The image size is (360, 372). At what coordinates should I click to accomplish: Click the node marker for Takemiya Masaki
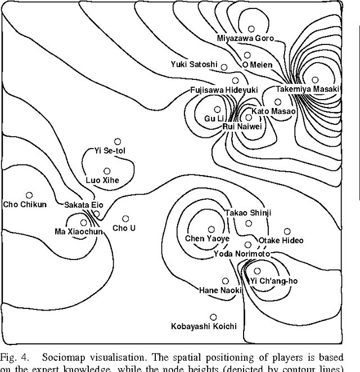(x=316, y=80)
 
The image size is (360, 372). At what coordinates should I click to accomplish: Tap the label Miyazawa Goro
(x=246, y=38)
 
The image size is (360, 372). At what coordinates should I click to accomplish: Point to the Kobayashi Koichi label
(x=204, y=326)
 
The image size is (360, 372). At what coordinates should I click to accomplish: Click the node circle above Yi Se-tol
(x=118, y=142)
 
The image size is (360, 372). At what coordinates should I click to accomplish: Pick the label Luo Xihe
(x=102, y=180)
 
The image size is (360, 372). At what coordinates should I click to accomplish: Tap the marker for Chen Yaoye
(x=211, y=229)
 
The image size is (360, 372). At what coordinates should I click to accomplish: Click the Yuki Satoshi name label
(x=194, y=65)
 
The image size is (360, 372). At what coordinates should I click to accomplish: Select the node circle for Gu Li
(x=217, y=110)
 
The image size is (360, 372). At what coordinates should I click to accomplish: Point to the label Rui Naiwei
(x=242, y=127)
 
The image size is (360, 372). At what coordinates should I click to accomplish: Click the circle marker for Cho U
(x=125, y=219)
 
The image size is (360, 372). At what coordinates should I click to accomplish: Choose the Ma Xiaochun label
(x=79, y=231)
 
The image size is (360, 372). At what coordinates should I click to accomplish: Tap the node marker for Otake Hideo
(x=287, y=231)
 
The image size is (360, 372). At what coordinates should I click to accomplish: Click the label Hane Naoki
(x=220, y=290)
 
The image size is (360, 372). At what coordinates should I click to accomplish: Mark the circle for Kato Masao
(x=277, y=102)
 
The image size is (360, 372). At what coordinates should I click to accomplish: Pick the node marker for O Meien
(x=247, y=55)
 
